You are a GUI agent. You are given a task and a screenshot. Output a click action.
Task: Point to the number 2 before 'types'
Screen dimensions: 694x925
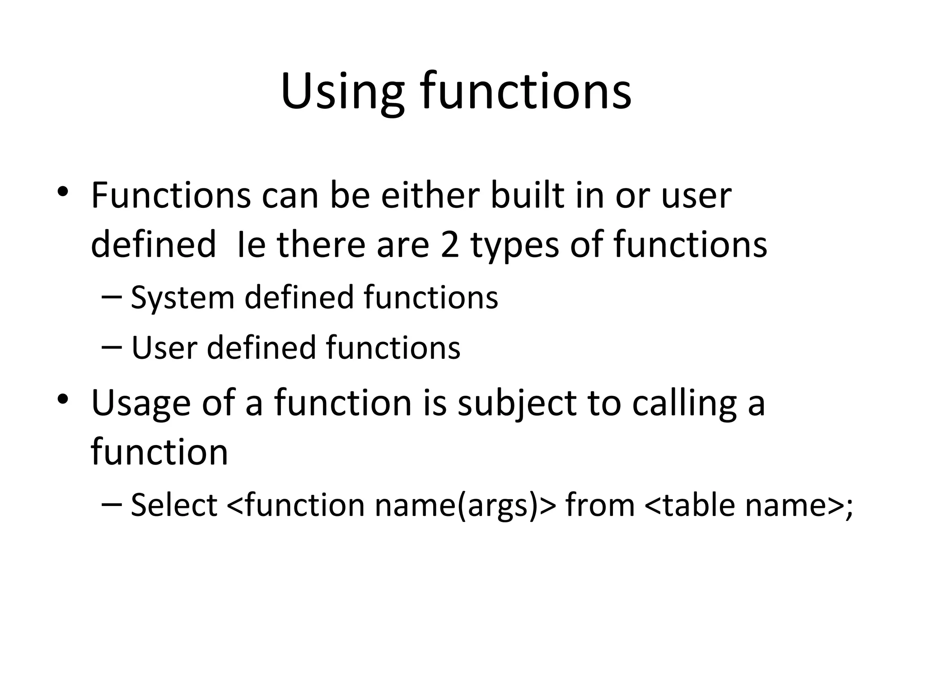coord(450,244)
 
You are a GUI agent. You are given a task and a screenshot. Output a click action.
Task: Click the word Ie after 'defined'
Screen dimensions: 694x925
coord(251,244)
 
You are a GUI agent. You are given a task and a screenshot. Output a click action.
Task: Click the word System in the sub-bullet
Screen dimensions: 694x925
coord(182,298)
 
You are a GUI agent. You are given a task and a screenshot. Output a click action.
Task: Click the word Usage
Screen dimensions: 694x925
coord(140,403)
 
